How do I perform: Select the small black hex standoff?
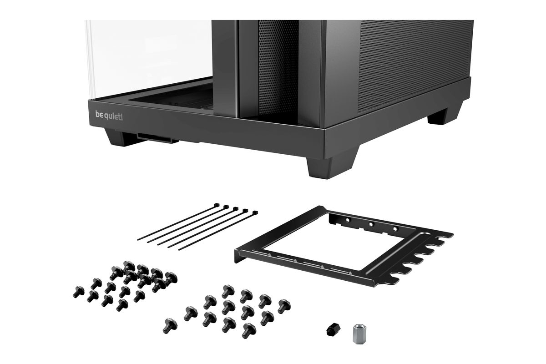(x=333, y=330)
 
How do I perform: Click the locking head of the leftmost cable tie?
(x=216, y=205)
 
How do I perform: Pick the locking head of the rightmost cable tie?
(x=255, y=213)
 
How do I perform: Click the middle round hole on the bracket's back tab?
(x=371, y=224)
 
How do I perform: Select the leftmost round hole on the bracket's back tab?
(x=348, y=220)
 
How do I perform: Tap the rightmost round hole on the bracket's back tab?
(x=395, y=229)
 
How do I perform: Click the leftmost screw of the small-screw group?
(x=78, y=292)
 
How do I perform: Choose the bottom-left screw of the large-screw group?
(x=170, y=325)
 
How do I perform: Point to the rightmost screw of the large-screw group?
(x=284, y=306)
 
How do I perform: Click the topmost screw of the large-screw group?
(x=228, y=291)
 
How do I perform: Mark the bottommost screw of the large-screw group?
(x=249, y=331)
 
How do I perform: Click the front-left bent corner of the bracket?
(x=238, y=256)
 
